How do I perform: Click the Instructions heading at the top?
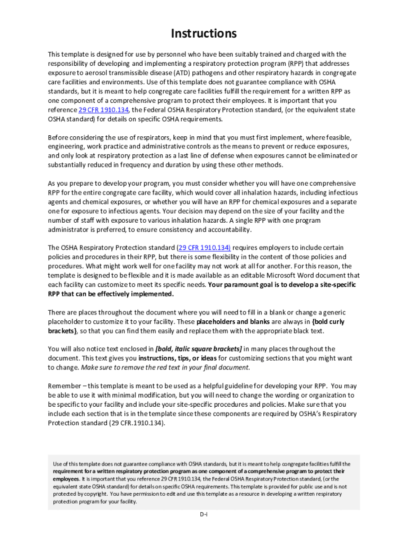pyautogui.click(x=203, y=34)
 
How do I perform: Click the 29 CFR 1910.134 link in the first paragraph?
pyautogui.click(x=103, y=110)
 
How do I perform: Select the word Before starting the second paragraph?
pyautogui.click(x=60, y=137)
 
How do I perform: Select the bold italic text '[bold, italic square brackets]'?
pyautogui.click(x=198, y=349)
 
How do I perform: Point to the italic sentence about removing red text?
pyautogui.click(x=165, y=367)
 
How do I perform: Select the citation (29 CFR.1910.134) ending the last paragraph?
pyautogui.click(x=135, y=423)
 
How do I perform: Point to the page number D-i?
pyautogui.click(x=203, y=514)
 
